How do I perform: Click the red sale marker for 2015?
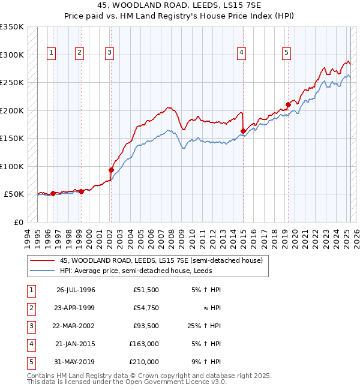(243, 131)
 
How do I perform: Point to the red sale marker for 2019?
(288, 104)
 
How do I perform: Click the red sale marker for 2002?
(111, 170)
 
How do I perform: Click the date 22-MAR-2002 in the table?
(75, 326)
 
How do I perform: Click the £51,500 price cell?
(148, 290)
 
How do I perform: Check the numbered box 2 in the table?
(31, 308)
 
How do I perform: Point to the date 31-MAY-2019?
(75, 362)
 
